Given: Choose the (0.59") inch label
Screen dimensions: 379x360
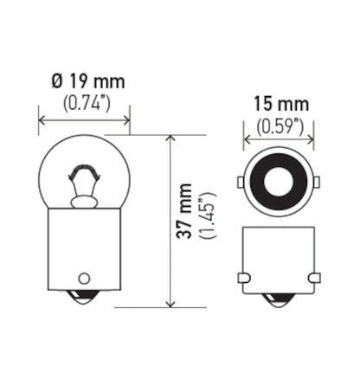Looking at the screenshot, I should (x=278, y=125).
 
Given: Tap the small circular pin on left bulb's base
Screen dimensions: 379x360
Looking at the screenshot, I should (x=85, y=278).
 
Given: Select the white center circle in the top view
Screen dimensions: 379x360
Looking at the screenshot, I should (x=278, y=182).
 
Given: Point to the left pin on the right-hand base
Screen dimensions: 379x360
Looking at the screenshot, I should (x=242, y=277).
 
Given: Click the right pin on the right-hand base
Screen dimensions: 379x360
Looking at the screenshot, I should (x=313, y=277).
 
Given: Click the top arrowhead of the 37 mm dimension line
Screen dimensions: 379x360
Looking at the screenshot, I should (x=170, y=138).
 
